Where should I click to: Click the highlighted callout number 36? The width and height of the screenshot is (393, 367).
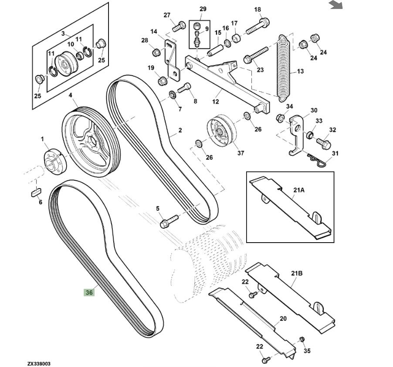point(89,292)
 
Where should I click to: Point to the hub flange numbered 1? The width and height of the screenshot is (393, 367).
point(53,160)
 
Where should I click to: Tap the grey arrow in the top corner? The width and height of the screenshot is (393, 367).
point(335,5)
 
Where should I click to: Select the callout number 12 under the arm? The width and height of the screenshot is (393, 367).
point(215,102)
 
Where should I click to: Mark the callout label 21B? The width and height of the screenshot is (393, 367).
point(296,274)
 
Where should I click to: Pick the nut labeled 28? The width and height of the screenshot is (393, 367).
point(156,52)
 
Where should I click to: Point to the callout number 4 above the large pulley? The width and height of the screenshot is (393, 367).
point(70,95)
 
